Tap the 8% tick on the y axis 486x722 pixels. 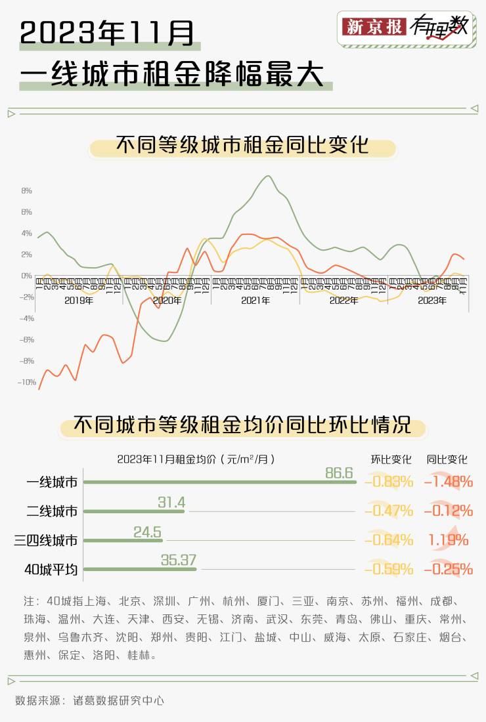26,191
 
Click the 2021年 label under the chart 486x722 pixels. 255,301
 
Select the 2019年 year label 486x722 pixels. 79,301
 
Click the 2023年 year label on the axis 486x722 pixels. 431,301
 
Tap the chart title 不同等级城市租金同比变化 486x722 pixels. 242,146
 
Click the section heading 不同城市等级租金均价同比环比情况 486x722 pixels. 242,425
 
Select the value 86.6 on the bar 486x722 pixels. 340,473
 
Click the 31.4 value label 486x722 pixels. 171,503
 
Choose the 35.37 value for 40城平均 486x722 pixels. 179,561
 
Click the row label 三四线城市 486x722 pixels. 46,540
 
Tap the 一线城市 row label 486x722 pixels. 52,482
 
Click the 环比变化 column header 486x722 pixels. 391,459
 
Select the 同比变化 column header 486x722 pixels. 447,459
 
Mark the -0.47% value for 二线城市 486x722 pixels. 389,511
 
